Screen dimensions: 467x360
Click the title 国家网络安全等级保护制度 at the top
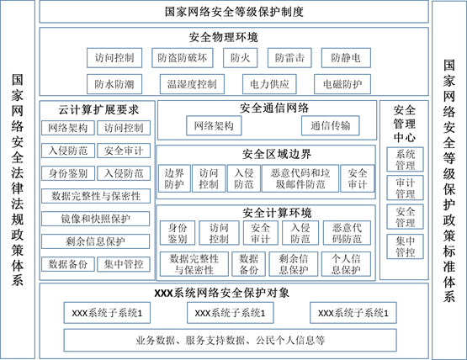click(x=234, y=12)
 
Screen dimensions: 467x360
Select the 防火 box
click(x=241, y=58)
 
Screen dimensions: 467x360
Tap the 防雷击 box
click(x=289, y=58)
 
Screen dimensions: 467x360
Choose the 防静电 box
click(x=346, y=58)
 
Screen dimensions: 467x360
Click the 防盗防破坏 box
click(x=183, y=58)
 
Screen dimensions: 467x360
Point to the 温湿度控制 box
click(x=192, y=84)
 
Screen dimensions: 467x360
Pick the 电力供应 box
click(x=269, y=84)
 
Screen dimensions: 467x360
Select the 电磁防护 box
click(x=342, y=84)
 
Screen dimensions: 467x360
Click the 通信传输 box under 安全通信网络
click(x=331, y=125)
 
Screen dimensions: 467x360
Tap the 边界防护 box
click(x=174, y=178)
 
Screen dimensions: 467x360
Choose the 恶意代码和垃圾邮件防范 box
click(x=300, y=178)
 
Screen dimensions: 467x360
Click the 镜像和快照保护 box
click(x=95, y=219)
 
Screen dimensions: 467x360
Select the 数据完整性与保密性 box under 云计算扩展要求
click(x=96, y=196)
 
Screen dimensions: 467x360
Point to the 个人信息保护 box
click(x=346, y=264)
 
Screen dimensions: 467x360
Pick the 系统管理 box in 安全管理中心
click(x=405, y=159)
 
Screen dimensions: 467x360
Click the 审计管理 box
click(x=405, y=188)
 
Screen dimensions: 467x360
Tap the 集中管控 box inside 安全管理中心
click(x=405, y=246)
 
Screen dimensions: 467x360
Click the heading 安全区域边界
click(x=277, y=154)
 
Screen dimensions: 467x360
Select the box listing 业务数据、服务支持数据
click(x=231, y=340)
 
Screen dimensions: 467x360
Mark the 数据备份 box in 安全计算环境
click(x=249, y=264)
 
